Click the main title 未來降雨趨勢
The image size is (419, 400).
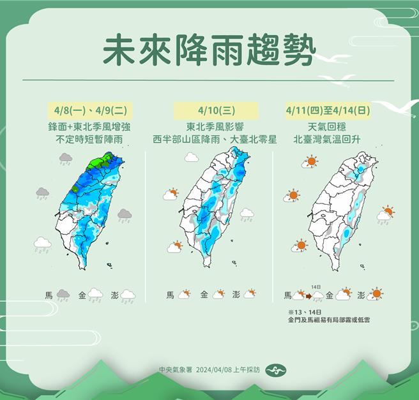pos(209,49)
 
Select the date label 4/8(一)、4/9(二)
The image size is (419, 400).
pos(88,110)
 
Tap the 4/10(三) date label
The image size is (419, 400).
pos(215,110)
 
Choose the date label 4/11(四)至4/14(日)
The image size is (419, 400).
pos(330,110)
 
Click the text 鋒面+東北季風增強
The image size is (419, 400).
pos(88,126)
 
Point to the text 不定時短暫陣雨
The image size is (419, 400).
pos(88,138)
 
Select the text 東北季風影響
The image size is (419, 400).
pos(215,126)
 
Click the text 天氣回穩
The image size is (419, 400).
pos(329,126)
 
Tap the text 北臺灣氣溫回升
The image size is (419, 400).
pos(329,138)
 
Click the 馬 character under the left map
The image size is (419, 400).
pos(49,295)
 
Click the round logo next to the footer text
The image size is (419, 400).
pos(273,370)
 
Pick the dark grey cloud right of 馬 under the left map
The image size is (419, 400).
pos(63,295)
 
